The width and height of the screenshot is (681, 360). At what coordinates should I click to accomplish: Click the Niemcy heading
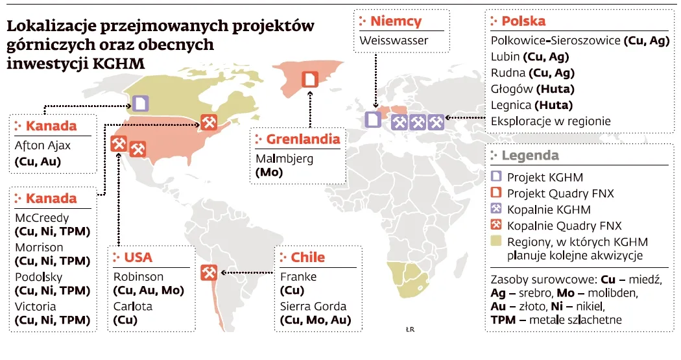[396, 21]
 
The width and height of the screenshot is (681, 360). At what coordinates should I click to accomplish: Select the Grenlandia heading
[303, 139]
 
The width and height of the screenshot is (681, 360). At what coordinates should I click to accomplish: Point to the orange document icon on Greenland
[311, 78]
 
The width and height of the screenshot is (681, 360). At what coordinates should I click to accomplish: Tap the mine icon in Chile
[209, 272]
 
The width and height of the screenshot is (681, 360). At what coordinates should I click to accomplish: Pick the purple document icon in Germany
[372, 119]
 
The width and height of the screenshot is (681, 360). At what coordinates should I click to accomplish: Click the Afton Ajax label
[43, 146]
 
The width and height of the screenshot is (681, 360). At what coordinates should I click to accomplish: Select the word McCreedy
[42, 218]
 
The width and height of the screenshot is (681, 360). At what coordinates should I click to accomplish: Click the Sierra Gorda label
[313, 306]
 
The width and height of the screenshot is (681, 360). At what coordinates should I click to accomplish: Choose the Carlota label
[133, 306]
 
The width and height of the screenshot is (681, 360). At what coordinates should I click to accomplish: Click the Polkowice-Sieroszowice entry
[556, 41]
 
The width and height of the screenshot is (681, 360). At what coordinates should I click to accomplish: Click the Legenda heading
[530, 156]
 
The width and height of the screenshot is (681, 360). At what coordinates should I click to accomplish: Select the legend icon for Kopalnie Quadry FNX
[497, 226]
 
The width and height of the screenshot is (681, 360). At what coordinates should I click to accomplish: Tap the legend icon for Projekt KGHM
[497, 177]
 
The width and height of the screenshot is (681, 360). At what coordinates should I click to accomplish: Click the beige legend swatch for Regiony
[497, 242]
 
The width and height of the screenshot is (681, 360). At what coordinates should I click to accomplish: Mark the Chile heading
[308, 258]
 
